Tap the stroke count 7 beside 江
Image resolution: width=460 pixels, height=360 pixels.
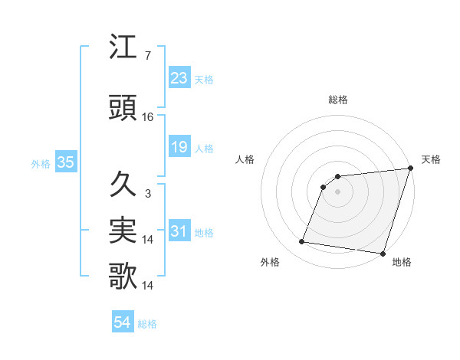pyautogui.click(x=147, y=57)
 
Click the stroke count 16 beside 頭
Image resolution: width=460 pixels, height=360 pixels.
pyautogui.click(x=149, y=116)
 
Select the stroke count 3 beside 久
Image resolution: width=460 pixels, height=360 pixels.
pyautogui.click(x=147, y=194)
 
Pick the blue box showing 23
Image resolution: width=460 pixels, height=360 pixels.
pyautogui.click(x=179, y=78)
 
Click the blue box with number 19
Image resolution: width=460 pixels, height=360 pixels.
pyautogui.click(x=179, y=147)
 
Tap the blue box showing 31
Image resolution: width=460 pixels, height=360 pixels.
pyautogui.click(x=179, y=231)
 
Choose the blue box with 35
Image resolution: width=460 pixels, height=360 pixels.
pyautogui.click(x=65, y=162)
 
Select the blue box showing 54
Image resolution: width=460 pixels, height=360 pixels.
pyautogui.click(x=122, y=323)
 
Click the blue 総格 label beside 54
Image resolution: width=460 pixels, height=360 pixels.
pyautogui.click(x=148, y=324)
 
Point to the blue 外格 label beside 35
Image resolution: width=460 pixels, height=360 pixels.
pyautogui.click(x=41, y=163)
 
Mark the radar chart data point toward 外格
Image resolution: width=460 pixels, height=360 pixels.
pyautogui.click(x=302, y=242)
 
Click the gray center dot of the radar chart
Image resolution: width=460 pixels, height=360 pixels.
pyautogui.click(x=337, y=192)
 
